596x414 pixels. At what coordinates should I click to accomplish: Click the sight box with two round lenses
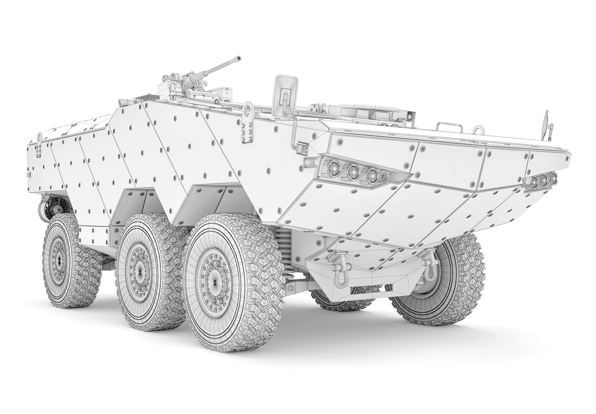pos(177,85)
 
